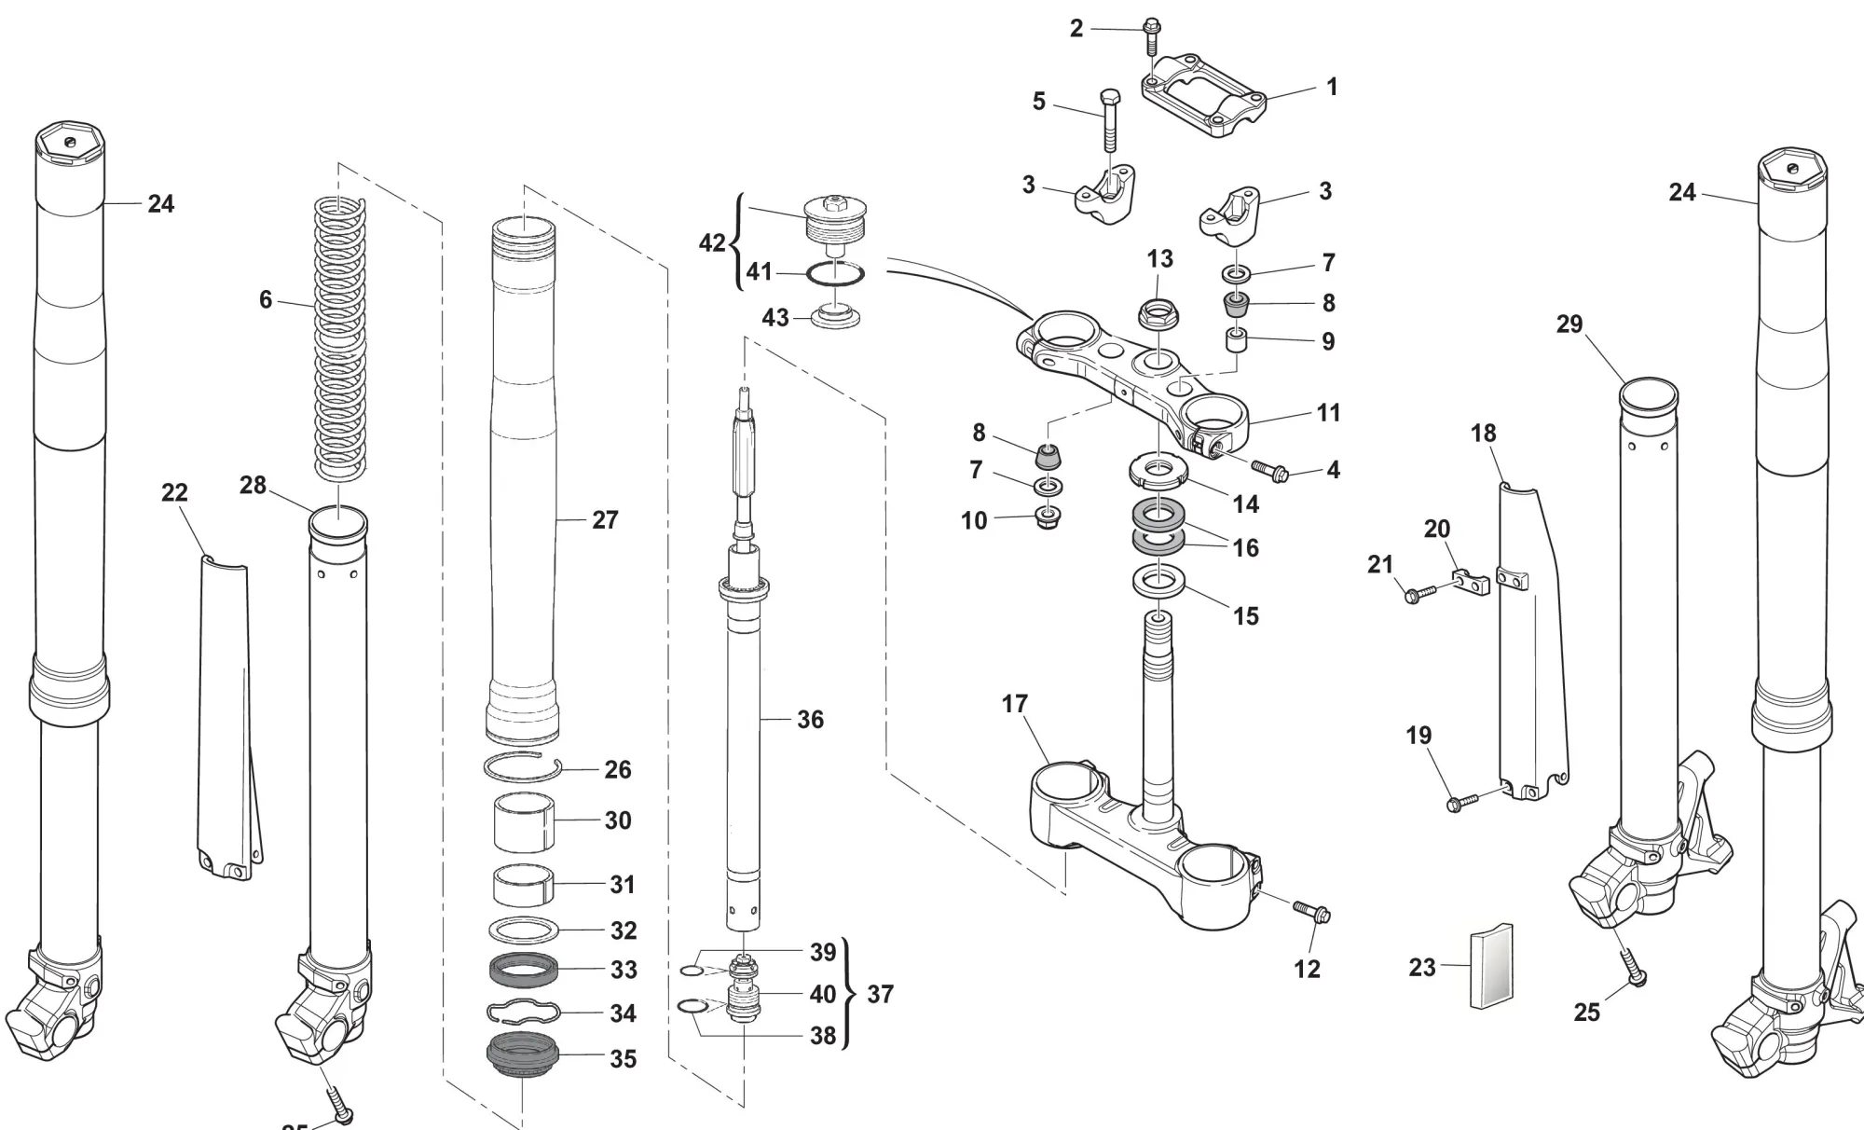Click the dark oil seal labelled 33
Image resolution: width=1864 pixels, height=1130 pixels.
point(524,970)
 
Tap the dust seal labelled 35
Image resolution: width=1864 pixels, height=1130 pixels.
point(524,1057)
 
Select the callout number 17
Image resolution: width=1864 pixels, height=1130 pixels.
point(1015,704)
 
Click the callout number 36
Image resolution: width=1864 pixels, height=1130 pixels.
point(810,720)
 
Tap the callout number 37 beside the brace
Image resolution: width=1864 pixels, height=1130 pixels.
point(880,995)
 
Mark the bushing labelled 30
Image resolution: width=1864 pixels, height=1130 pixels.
point(524,821)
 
